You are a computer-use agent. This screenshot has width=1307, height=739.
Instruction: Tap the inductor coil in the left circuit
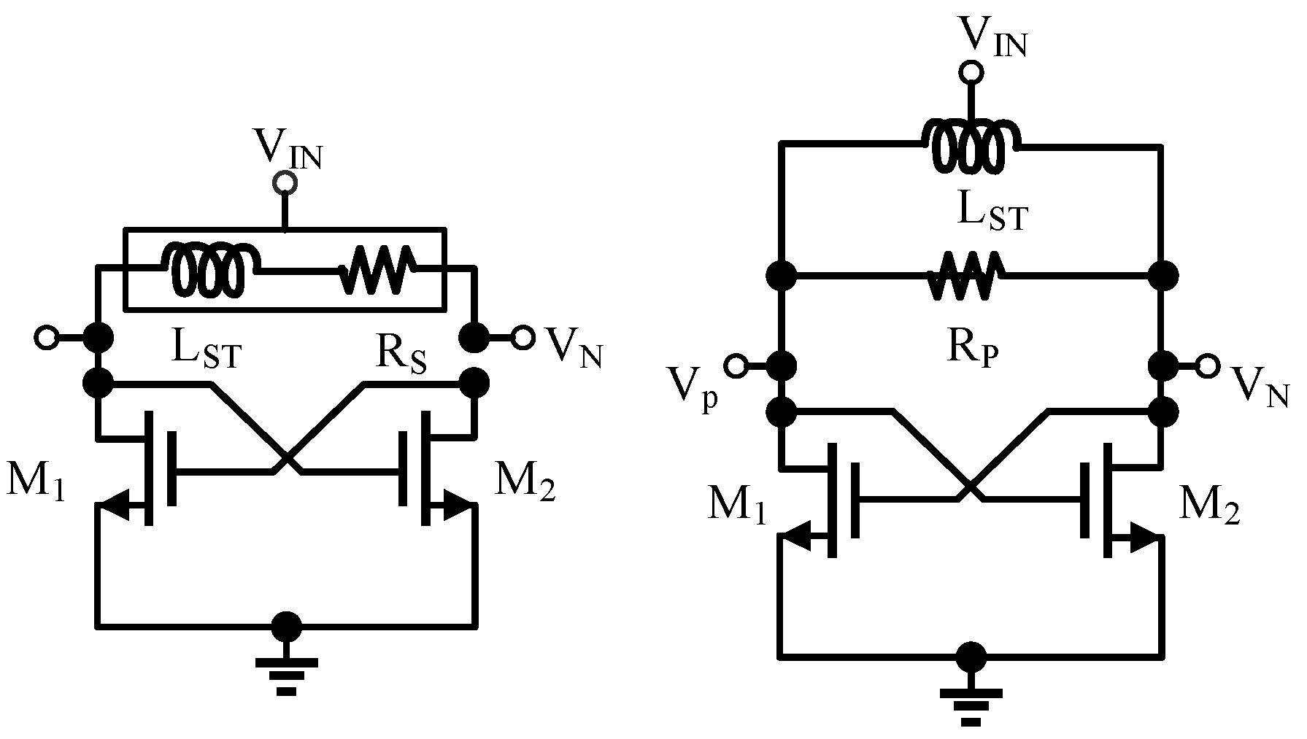(x=212, y=269)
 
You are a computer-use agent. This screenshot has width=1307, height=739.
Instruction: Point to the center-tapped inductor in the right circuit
(x=971, y=145)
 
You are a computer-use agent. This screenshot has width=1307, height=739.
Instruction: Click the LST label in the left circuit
(x=207, y=352)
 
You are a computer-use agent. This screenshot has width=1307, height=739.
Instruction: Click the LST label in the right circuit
(x=992, y=214)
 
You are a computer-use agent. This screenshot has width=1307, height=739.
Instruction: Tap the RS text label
(x=402, y=353)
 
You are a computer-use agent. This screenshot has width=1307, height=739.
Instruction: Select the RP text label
(x=973, y=347)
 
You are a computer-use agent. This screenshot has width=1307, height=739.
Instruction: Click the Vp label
(x=693, y=394)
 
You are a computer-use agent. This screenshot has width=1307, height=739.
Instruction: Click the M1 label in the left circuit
(x=35, y=482)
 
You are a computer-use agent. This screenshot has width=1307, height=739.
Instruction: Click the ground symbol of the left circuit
(x=286, y=675)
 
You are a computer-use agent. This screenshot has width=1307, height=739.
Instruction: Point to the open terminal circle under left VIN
(x=285, y=184)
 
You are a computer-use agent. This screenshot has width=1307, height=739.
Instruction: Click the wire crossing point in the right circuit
(x=970, y=485)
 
